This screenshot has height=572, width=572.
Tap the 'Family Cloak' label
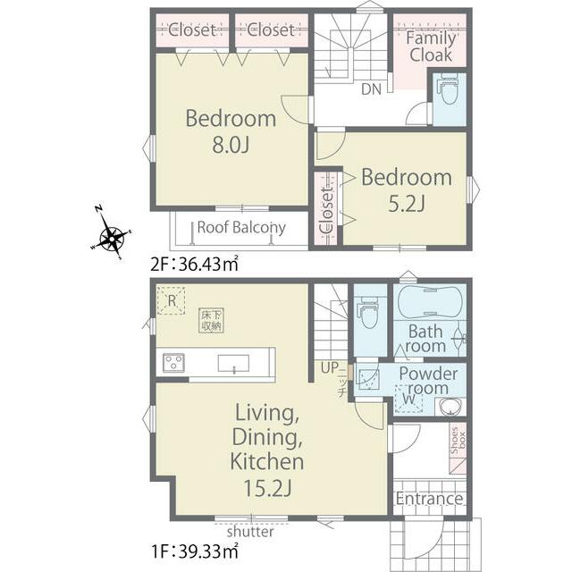point(431,46)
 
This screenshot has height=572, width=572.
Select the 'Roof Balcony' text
point(241,228)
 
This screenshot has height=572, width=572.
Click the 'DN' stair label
point(372,89)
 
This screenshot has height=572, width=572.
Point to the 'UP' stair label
point(330,367)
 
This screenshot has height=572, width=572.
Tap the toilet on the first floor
point(370,313)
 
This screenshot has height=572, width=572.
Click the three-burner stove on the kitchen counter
point(173,363)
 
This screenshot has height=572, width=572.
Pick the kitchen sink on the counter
point(233,364)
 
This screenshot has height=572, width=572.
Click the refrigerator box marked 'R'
point(171,300)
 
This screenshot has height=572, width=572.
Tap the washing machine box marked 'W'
point(409,399)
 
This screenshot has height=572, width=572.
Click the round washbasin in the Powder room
point(450,407)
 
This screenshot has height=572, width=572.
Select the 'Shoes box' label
point(458,441)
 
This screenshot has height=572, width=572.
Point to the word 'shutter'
point(250,532)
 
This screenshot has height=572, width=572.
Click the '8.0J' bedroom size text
point(231,145)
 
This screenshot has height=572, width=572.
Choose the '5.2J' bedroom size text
point(407,204)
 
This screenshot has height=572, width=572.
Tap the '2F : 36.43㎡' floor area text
point(195,264)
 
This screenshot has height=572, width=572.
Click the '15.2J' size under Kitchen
point(267,488)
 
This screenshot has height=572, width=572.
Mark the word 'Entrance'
point(429,499)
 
